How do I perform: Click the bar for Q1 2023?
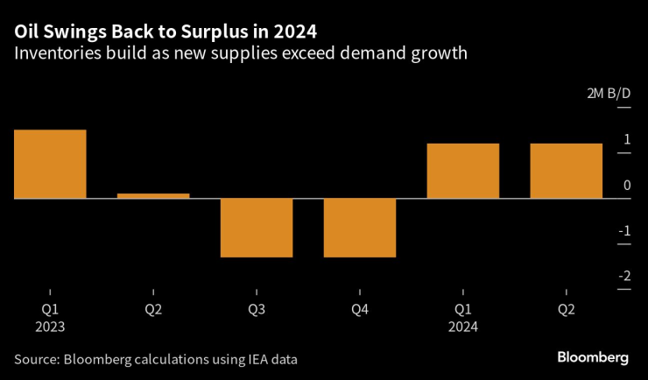pos(50,164)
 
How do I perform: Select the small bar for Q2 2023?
pos(153,195)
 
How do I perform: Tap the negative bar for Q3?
pos(257,228)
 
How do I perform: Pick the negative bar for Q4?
pos(360,228)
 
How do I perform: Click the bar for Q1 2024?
pos(463,171)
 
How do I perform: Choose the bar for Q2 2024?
pos(567,171)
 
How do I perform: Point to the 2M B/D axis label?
pos(609,94)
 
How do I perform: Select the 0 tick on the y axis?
pos(626,186)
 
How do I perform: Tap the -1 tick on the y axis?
pos(623,231)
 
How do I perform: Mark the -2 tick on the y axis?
pos(623,277)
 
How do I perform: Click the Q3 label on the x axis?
pos(257,309)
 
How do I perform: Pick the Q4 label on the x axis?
pos(360,309)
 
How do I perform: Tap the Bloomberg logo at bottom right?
pos(593,357)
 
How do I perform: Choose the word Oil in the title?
pos(25,32)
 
